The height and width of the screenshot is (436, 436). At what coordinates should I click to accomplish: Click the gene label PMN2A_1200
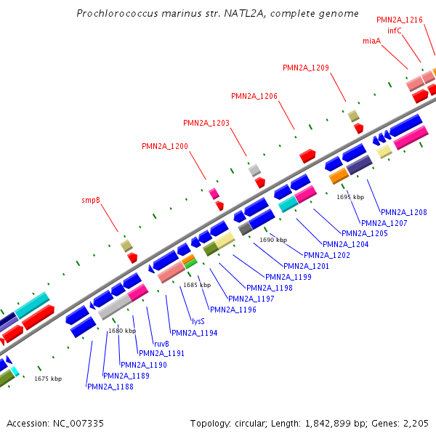[x=165, y=146]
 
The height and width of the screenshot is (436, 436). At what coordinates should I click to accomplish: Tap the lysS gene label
[x=198, y=320]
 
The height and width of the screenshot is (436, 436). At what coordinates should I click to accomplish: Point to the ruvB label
[x=161, y=343]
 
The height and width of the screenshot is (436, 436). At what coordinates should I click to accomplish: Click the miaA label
[x=371, y=41]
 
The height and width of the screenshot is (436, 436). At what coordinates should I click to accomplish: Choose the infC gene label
[x=395, y=31]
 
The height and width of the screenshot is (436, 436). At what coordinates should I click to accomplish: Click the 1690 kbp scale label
[x=273, y=240]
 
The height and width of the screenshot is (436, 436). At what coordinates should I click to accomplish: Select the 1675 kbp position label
[x=48, y=379]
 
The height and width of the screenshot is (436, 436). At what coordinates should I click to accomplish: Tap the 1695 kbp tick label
[x=350, y=197]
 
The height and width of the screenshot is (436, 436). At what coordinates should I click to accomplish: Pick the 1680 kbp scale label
[x=122, y=331]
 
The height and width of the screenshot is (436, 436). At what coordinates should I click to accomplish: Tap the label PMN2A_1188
[x=110, y=387]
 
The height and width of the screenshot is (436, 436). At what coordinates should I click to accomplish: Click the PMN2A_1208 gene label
[x=404, y=212]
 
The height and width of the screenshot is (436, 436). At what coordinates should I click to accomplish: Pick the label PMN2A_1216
[x=400, y=20]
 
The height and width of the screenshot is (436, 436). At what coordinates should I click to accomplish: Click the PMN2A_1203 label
[x=206, y=123]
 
